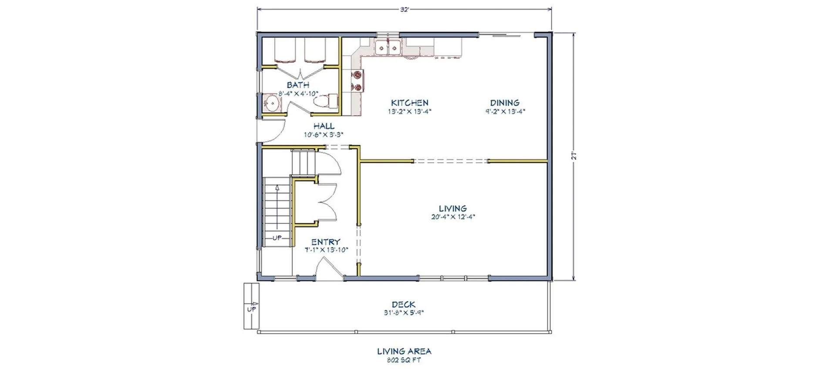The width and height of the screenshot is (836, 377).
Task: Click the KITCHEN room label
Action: (x=409, y=103)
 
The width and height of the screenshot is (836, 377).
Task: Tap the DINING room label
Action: (x=505, y=103)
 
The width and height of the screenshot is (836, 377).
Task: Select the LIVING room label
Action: (x=452, y=209)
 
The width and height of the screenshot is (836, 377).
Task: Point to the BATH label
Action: (x=298, y=85)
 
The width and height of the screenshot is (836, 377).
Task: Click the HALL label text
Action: (x=324, y=126)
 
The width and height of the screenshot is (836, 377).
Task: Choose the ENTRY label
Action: (x=326, y=242)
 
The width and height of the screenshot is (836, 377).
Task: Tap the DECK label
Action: (x=403, y=305)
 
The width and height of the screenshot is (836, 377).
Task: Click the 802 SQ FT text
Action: (x=404, y=360)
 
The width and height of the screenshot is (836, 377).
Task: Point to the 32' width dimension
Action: (x=405, y=10)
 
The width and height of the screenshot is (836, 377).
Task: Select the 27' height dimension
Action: (x=574, y=156)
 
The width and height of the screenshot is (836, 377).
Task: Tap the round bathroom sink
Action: (x=272, y=104)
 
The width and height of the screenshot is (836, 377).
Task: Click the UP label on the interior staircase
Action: (x=277, y=238)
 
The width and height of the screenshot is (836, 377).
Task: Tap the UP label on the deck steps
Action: (x=251, y=310)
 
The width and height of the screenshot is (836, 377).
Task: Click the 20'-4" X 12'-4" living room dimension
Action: (x=452, y=217)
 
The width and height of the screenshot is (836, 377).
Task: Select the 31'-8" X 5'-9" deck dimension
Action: (x=403, y=313)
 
